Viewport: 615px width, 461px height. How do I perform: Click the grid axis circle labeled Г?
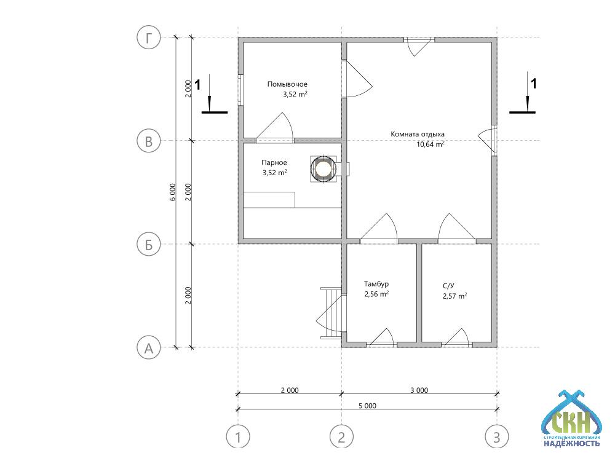[149, 37]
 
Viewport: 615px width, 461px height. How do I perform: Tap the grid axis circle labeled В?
[149, 141]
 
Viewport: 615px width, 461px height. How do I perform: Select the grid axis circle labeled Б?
[149, 244]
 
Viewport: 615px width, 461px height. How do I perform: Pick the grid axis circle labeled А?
[149, 348]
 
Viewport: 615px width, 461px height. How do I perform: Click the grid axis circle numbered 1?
[238, 436]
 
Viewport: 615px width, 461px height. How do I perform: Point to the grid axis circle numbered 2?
[341, 436]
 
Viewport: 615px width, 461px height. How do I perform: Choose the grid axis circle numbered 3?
[497, 436]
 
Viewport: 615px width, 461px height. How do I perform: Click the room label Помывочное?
[287, 84]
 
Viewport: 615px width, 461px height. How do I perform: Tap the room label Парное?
[274, 163]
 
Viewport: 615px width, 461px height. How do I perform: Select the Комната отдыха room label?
[418, 134]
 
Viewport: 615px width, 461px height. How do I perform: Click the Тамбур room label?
[376, 284]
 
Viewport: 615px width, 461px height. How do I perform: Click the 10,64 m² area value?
[430, 144]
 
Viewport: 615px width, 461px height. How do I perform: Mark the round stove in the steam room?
[323, 169]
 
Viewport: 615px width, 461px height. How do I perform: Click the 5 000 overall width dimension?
[368, 406]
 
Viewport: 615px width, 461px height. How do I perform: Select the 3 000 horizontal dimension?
[419, 390]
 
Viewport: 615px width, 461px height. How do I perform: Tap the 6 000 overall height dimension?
[173, 192]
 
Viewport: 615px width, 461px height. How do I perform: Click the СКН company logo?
[571, 419]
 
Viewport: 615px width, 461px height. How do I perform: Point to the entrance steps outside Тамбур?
[331, 313]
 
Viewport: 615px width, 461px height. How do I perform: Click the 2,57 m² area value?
[455, 296]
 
